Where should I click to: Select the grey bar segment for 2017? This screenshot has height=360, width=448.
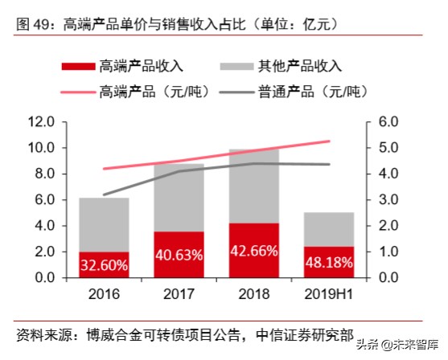point(179,198)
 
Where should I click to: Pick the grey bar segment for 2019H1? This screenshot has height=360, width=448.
point(330,229)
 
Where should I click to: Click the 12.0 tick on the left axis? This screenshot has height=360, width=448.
point(40,122)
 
